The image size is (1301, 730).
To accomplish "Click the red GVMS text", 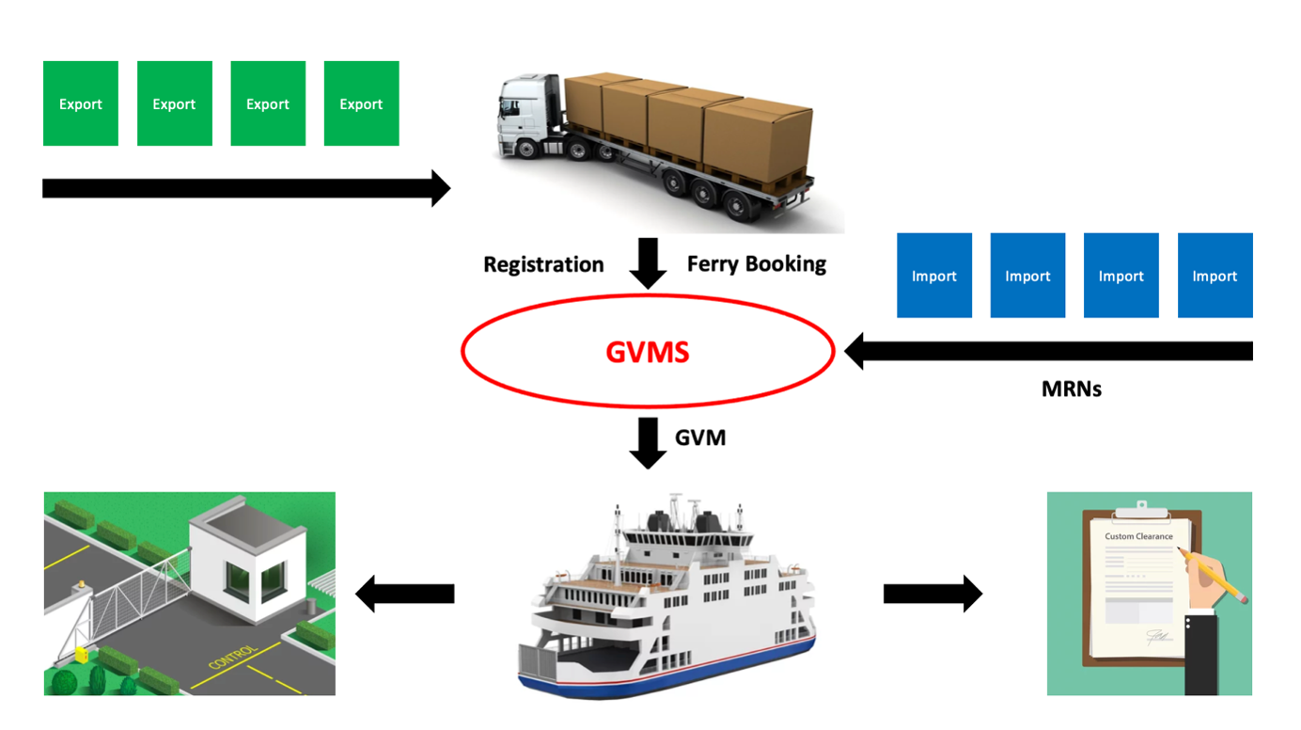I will click(x=648, y=352).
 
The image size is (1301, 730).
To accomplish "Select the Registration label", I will click(x=543, y=264).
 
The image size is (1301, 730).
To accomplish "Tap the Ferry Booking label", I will click(x=757, y=263).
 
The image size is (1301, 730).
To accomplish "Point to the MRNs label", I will click(x=1071, y=389).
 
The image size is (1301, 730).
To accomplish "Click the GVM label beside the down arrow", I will click(x=700, y=437).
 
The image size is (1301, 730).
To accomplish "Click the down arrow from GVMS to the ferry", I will click(x=648, y=442).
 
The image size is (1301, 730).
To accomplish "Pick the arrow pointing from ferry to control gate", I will click(x=404, y=594).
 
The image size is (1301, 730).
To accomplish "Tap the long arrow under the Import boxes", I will click(x=1048, y=351).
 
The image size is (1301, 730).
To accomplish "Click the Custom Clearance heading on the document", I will click(x=1138, y=536).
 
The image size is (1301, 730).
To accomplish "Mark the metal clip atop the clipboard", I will click(x=1141, y=509).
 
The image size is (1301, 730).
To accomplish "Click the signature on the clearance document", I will click(x=1157, y=638).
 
